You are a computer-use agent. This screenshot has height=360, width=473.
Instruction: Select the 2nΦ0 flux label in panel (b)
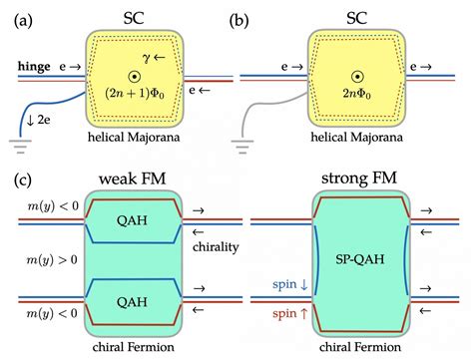tap(358, 95)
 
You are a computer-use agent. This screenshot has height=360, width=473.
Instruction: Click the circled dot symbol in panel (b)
tap(358, 74)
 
